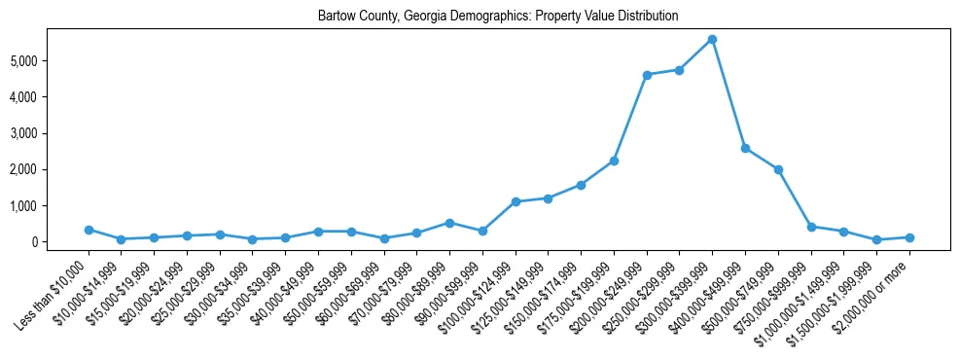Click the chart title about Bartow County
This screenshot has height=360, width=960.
497,17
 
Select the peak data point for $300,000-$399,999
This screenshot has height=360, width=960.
712,39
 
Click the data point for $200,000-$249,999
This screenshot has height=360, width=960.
647,75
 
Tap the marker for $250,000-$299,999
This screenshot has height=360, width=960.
679,70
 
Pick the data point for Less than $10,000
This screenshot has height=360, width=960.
89,230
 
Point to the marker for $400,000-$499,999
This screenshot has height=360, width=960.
745,148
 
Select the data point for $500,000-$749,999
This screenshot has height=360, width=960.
778,169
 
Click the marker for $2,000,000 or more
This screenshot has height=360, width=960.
909,237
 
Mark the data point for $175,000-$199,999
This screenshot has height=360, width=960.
614,161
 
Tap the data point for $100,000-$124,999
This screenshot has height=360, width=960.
516,201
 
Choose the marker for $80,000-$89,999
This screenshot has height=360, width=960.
449,223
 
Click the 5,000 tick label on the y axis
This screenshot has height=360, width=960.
50,61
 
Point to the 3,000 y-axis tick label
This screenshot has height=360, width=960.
50,133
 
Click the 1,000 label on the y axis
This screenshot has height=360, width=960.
50,206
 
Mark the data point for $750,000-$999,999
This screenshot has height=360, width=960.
811,227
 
